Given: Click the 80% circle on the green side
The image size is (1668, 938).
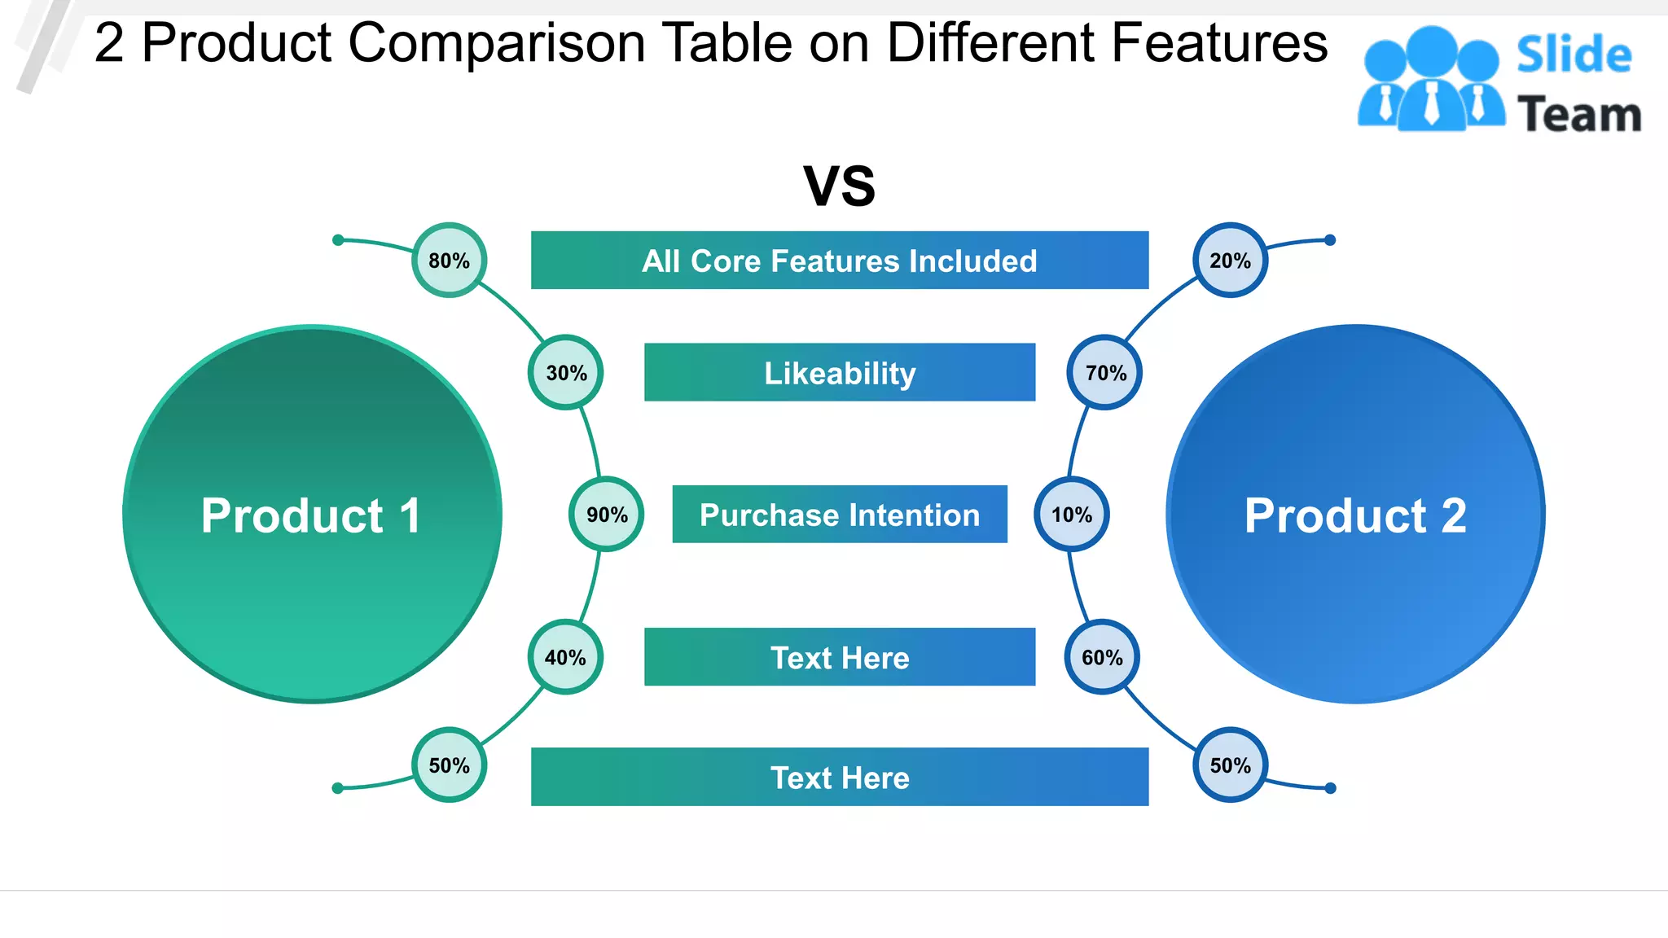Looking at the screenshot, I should [450, 261].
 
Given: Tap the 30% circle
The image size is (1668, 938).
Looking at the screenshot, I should [566, 373].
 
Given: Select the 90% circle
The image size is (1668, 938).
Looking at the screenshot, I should [607, 515].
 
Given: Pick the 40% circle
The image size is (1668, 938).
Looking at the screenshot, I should [566, 657].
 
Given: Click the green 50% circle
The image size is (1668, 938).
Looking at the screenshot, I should [450, 765].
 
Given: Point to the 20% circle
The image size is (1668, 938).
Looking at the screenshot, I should [1230, 261].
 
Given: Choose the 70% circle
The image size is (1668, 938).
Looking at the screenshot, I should [1105, 373].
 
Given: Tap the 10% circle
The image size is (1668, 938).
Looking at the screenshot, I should [1072, 515].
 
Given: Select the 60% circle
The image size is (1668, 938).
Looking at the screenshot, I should [1102, 657].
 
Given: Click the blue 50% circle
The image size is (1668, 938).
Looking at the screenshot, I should [1230, 765].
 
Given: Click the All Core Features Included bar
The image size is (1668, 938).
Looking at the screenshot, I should [840, 261].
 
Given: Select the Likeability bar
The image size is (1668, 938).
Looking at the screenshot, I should [840, 373].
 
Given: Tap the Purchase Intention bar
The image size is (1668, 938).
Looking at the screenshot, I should [840, 515].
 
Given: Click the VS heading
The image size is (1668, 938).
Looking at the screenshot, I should [840, 186].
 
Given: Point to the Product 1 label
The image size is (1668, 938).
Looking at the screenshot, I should [312, 515].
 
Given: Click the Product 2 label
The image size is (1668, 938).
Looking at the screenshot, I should [1355, 515].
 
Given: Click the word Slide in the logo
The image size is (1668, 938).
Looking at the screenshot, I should [1574, 55].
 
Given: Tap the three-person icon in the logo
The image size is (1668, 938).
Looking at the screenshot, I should [1431, 80].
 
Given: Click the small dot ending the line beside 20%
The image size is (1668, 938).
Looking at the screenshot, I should [1330, 240].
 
